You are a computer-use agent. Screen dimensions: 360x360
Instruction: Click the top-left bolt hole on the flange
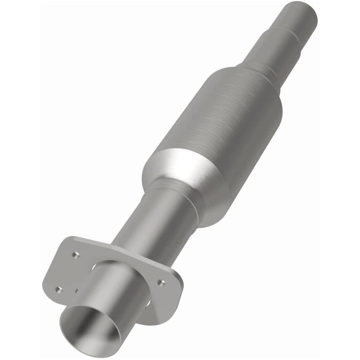(76, 255)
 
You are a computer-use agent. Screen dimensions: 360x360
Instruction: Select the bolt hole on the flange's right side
(161, 283)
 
